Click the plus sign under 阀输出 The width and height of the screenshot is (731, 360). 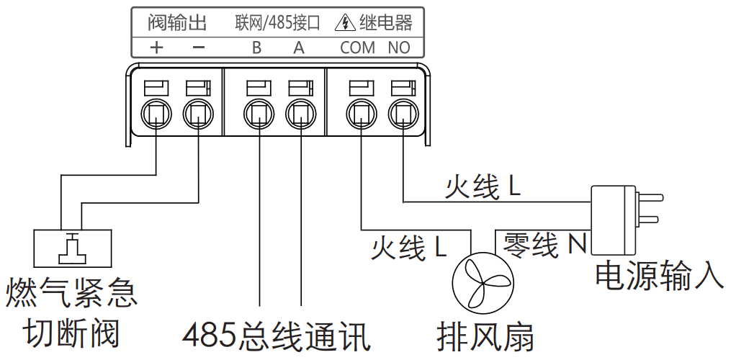pos(156,48)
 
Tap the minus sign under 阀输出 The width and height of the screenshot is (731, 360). pos(199,48)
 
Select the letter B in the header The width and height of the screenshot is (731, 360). pos(256,48)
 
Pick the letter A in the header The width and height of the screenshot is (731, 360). pos(299,48)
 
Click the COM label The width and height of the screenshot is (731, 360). pos(358,48)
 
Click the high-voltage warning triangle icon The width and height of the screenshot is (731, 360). pos(344,23)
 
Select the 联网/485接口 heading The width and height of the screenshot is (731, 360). pos(277,23)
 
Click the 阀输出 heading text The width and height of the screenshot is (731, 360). pos(177,23)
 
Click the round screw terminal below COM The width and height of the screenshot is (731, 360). pos(361,113)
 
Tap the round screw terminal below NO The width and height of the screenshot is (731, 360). pos(403,113)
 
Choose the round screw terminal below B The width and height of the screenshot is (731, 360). pos(258,113)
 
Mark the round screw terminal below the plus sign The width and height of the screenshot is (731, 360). pos(156,113)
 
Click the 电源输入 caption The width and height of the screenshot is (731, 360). pos(658,276)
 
